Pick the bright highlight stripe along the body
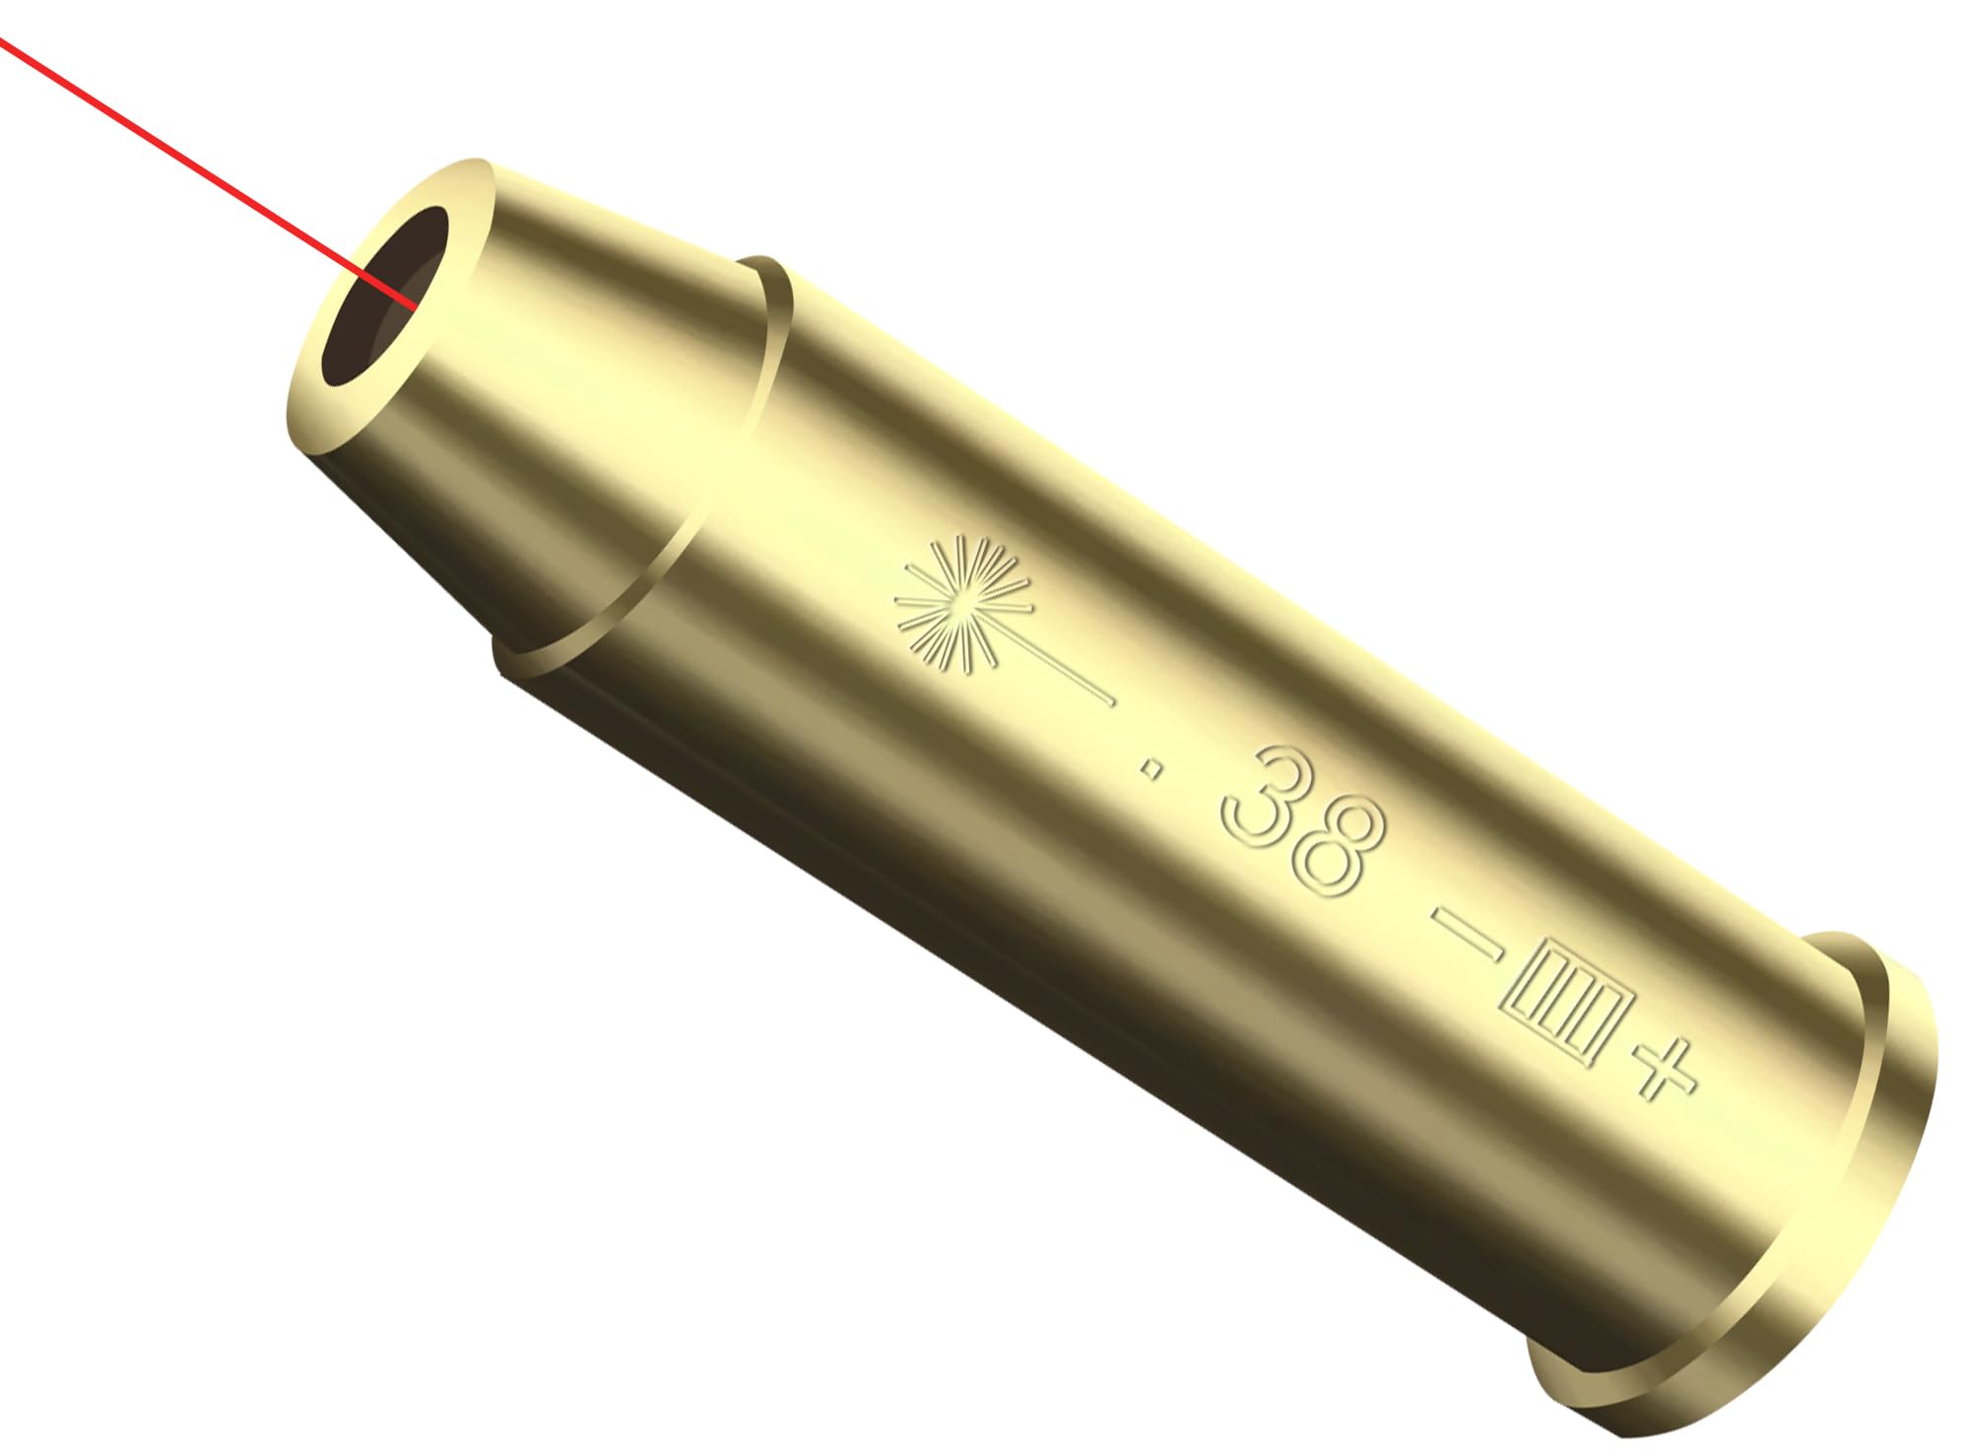click(1083, 493)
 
